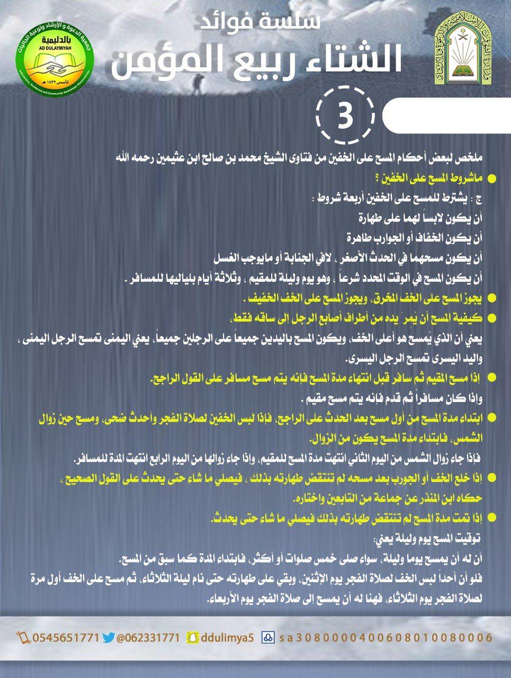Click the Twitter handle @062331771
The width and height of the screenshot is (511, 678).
pos(148,637)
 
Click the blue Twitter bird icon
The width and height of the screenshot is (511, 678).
pos(108,637)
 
